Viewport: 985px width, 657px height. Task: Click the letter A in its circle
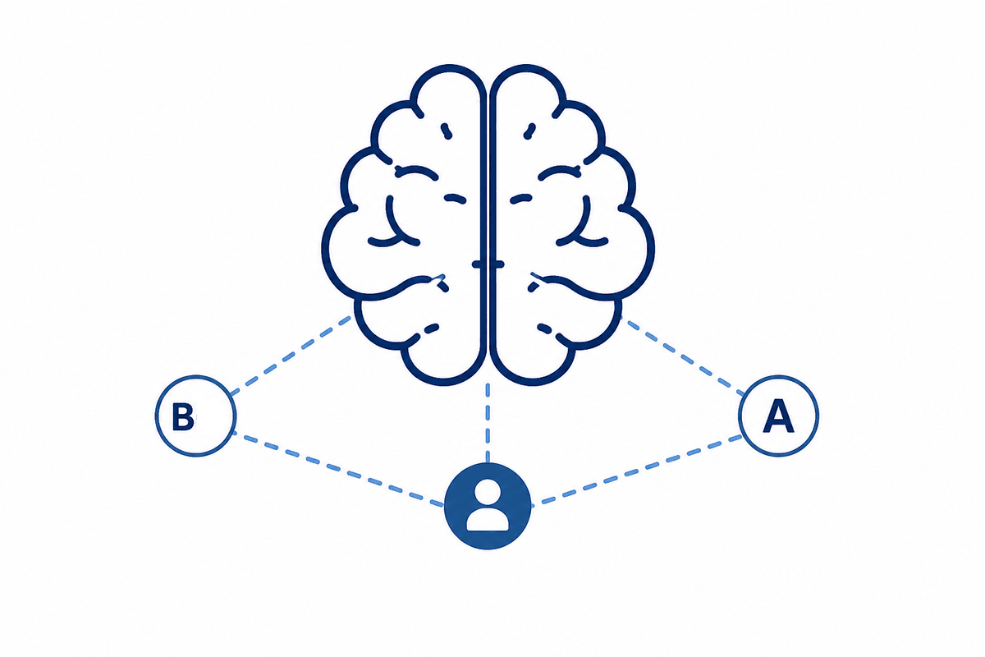coord(778,416)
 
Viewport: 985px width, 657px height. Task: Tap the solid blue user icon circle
coord(488,506)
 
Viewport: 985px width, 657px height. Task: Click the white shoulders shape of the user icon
coord(488,520)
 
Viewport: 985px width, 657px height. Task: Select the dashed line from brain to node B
coord(291,355)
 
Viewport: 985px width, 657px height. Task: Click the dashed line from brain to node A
coord(683,355)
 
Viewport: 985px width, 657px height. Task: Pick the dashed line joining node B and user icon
coord(337,469)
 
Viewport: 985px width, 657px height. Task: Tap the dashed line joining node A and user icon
coord(637,469)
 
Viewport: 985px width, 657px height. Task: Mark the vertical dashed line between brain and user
coord(488,422)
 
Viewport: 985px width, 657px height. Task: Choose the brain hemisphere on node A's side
coord(572,224)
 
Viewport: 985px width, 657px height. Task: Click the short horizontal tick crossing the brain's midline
coord(488,264)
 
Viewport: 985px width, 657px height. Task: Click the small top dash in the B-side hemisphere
coord(447,131)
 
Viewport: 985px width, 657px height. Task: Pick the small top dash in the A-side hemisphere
coord(530,131)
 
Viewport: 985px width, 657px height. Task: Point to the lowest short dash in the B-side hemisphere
coord(431,328)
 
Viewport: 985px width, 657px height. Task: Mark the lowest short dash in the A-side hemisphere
coord(545,328)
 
